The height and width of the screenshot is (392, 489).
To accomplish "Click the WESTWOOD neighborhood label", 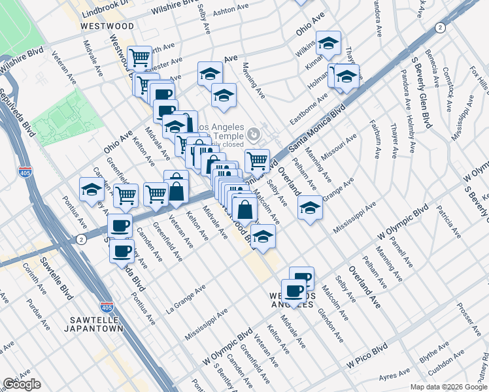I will [107, 25].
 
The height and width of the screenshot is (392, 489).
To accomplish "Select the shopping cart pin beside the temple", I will [257, 159].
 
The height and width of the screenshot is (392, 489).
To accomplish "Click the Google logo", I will [22, 384].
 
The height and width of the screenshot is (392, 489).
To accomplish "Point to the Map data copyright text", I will [448, 387].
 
